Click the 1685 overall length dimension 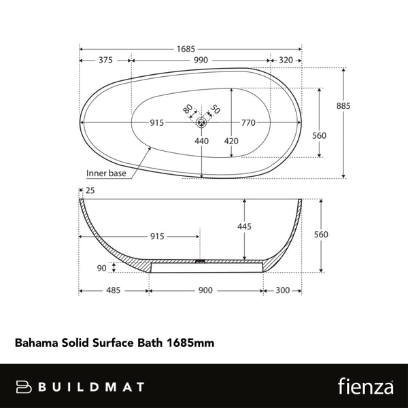pyautogui.click(x=186, y=48)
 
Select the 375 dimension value pyautogui.click(x=105, y=61)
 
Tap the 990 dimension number pyautogui.click(x=200, y=61)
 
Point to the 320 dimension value pyautogui.click(x=286, y=61)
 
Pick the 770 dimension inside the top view pyautogui.click(x=248, y=123)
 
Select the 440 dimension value pyautogui.click(x=201, y=141)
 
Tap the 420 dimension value pyautogui.click(x=231, y=141)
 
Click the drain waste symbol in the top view pyautogui.click(x=201, y=123)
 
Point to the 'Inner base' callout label pyautogui.click(x=106, y=173)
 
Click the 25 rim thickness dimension pyautogui.click(x=90, y=191)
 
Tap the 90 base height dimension pyautogui.click(x=102, y=268)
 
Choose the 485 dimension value pyautogui.click(x=113, y=290)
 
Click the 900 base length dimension pyautogui.click(x=205, y=290)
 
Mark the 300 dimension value pyautogui.click(x=282, y=290)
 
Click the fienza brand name pyautogui.click(x=363, y=386)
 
